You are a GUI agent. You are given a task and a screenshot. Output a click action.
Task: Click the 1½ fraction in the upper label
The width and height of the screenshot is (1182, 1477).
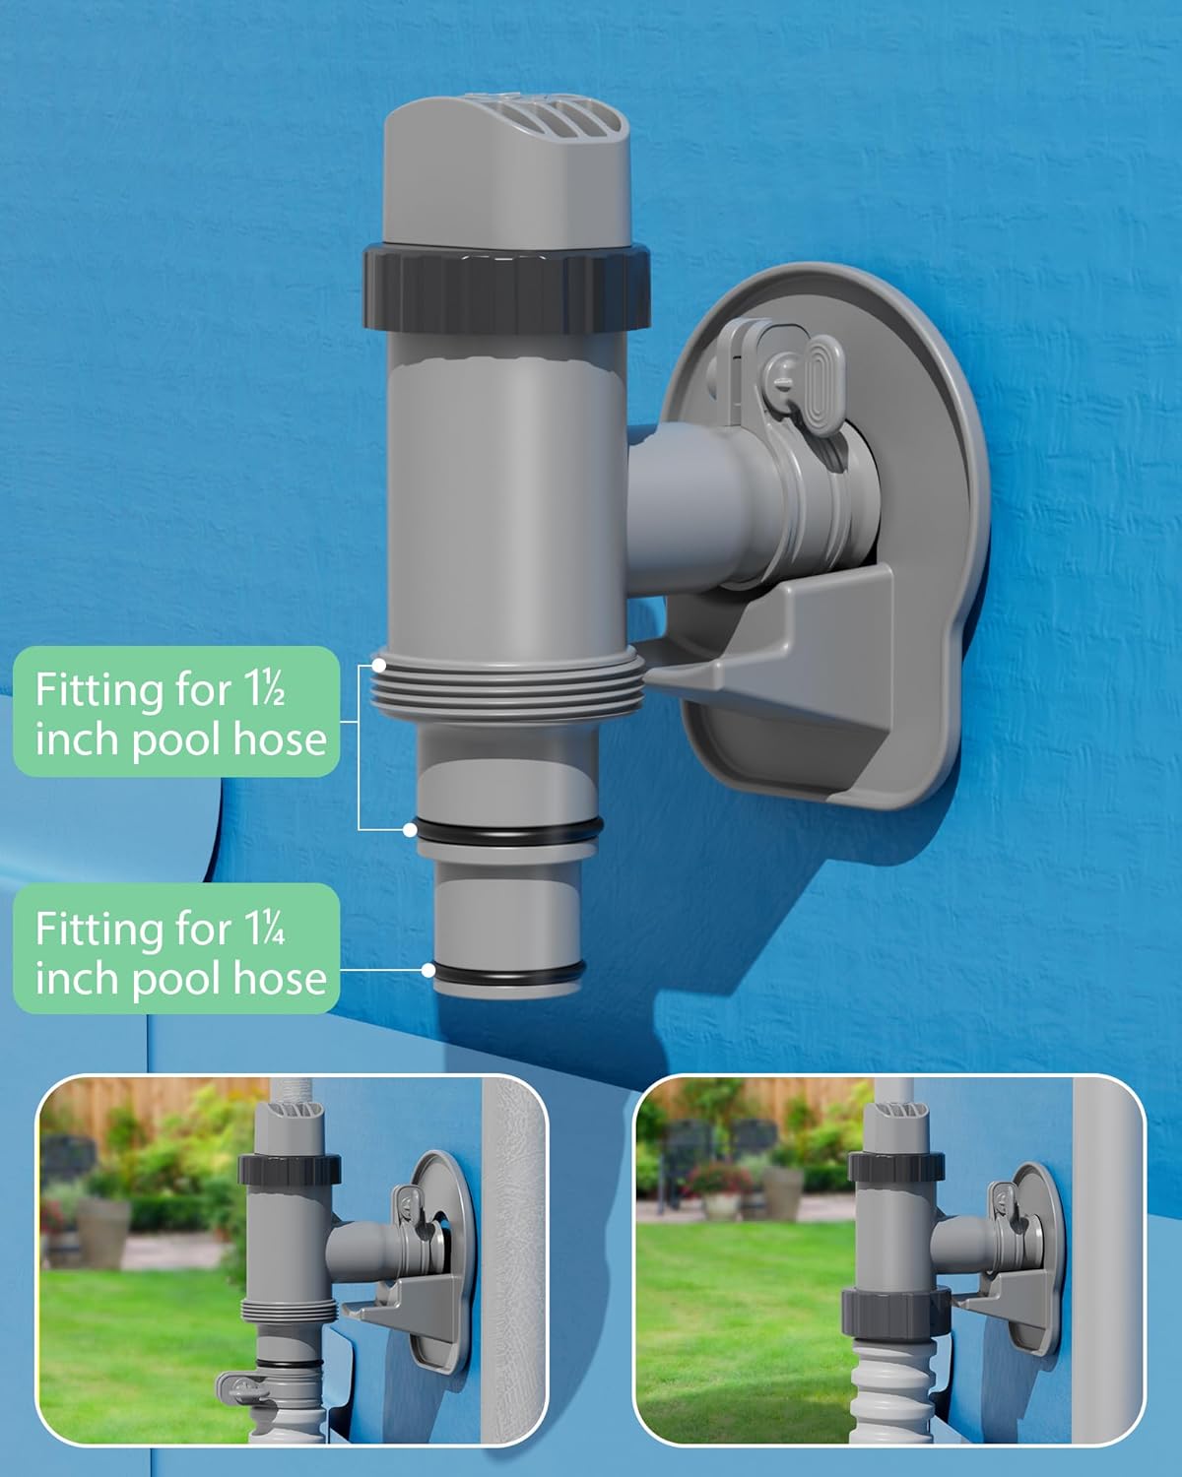(263, 690)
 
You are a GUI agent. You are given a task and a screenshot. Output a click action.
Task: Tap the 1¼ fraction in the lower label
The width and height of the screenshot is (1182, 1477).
(263, 929)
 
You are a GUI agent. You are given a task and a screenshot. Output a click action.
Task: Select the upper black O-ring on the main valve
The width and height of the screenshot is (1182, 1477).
(505, 830)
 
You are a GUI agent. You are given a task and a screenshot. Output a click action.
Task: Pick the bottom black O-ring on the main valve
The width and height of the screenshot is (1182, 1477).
(507, 972)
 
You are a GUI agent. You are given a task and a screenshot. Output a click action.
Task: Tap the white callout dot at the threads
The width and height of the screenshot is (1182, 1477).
(379, 666)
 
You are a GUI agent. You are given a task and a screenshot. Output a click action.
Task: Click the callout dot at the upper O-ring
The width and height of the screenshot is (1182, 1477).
(410, 830)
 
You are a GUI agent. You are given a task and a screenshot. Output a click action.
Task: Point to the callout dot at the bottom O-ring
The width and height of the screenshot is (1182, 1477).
(428, 970)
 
